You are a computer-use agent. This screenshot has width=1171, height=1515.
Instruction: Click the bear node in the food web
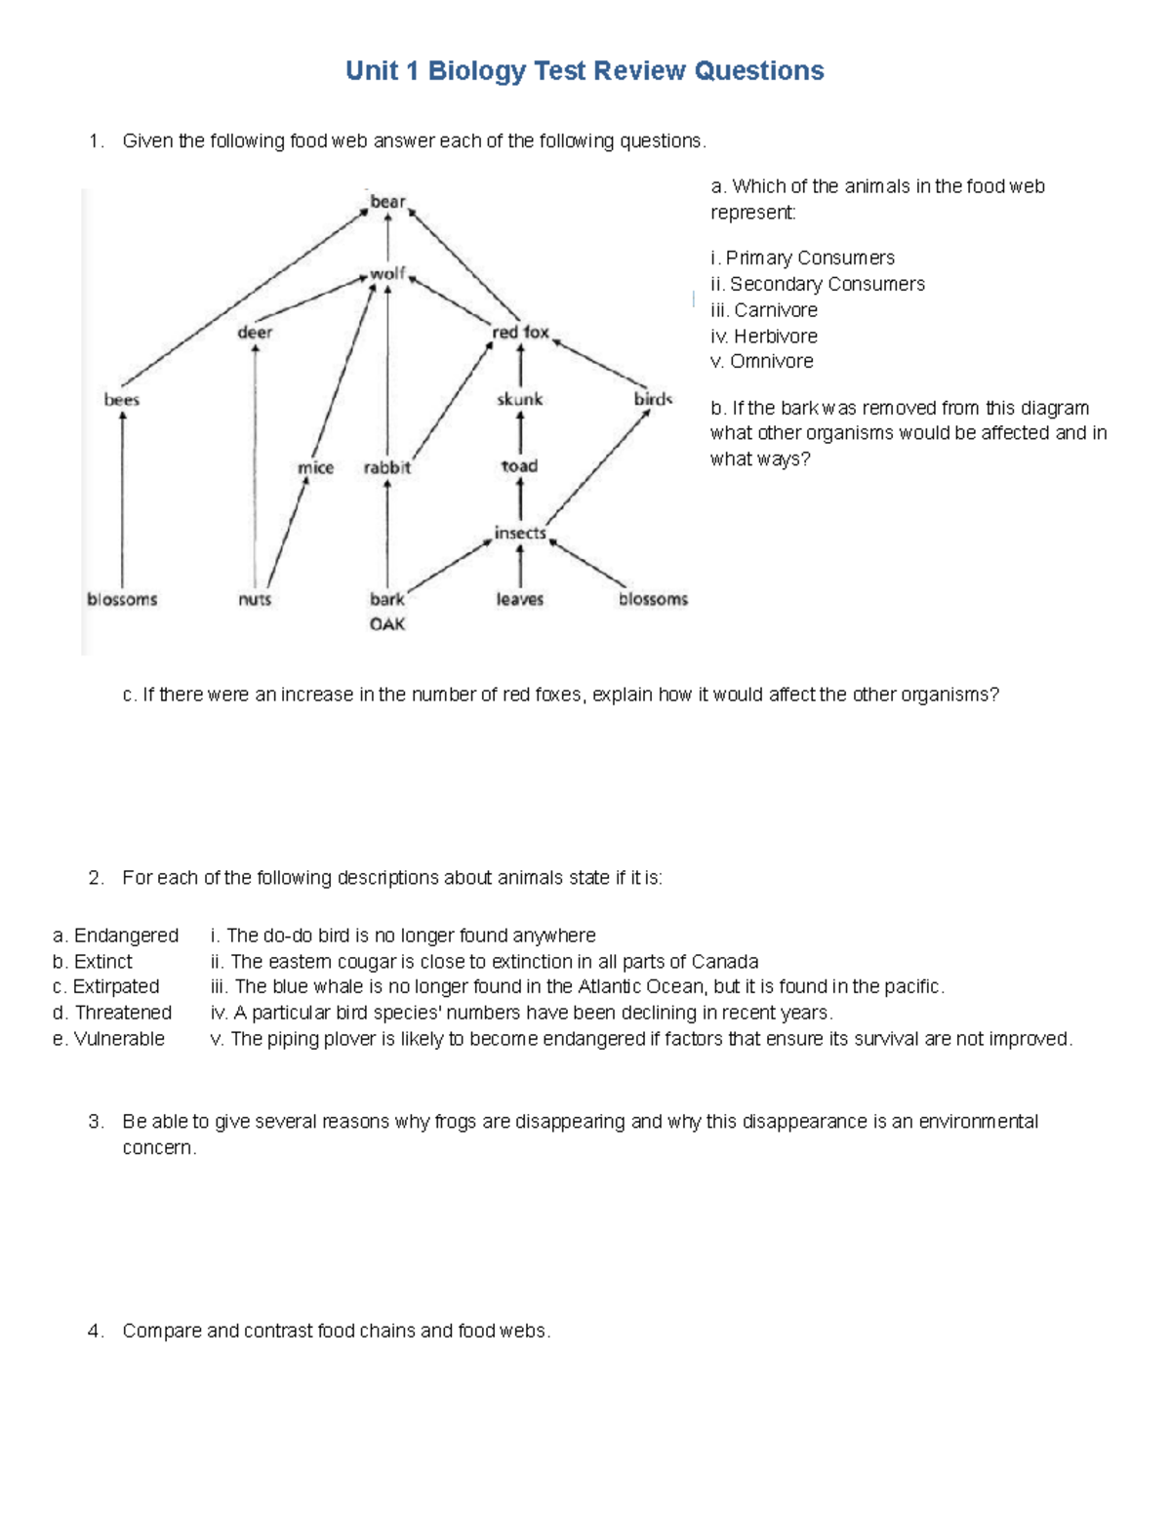387,202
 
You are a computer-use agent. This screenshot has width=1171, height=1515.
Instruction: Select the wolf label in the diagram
387,274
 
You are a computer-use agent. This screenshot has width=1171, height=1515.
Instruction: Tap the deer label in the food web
255,333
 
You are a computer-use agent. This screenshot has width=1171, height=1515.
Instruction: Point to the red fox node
520,333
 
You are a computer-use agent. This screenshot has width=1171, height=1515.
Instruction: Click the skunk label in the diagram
519,399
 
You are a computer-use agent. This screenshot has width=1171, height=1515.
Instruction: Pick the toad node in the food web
519,466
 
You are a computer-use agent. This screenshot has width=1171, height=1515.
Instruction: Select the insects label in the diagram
520,533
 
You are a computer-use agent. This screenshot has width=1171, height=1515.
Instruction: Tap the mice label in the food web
315,468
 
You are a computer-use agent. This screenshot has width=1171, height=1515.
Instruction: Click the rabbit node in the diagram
387,468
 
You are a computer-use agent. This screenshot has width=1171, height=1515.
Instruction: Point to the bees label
122,400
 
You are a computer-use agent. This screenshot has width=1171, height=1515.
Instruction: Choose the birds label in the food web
653,399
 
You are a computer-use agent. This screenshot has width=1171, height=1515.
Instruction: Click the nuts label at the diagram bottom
255,600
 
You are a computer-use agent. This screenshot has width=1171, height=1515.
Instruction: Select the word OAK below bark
387,624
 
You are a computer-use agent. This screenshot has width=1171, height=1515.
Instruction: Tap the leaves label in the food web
519,600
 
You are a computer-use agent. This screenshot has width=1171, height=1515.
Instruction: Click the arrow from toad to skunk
520,432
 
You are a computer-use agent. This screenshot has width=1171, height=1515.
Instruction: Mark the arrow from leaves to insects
520,566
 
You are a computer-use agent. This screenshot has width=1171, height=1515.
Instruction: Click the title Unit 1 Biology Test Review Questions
585,71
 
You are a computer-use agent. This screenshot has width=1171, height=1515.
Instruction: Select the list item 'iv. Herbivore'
764,337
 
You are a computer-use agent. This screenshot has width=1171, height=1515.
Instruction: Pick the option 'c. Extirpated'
105,986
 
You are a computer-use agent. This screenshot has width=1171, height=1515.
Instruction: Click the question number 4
95,1332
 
